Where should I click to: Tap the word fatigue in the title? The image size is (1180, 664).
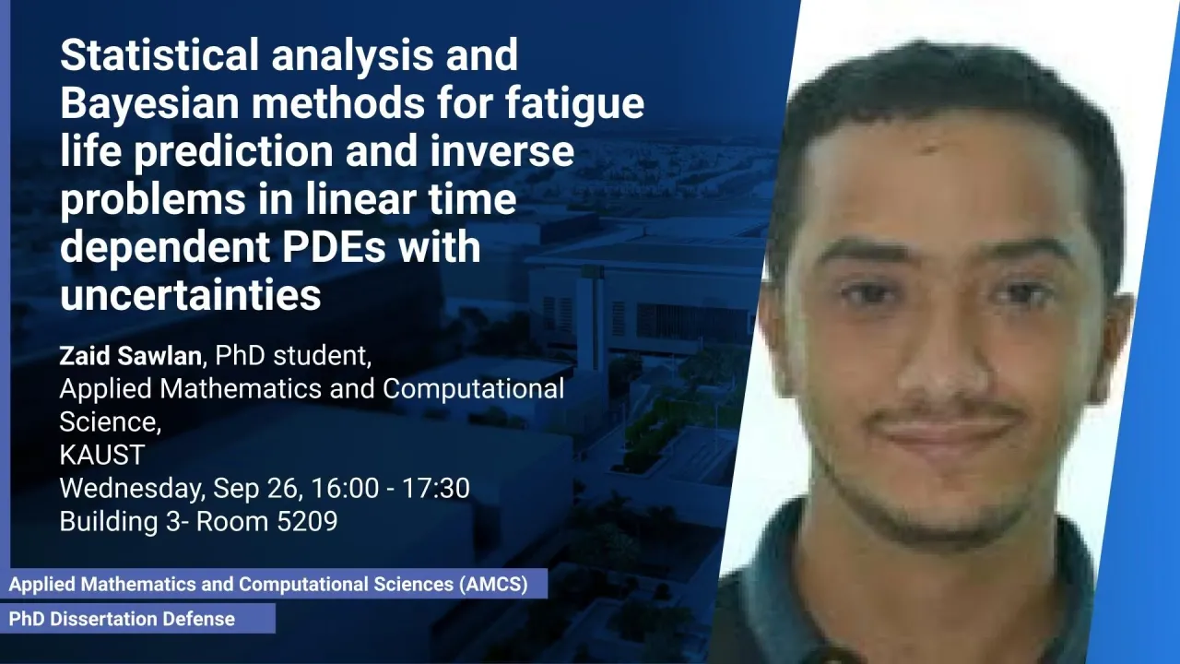click(575, 104)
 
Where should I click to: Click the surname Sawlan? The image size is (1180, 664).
click(159, 356)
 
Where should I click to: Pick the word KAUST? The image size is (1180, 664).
click(102, 455)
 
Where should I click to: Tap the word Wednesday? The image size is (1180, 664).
click(132, 489)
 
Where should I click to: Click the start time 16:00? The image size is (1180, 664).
click(345, 488)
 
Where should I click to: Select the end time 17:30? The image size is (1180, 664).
click(436, 488)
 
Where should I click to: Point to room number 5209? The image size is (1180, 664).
click(307, 521)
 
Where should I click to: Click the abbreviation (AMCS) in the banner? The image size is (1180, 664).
click(493, 585)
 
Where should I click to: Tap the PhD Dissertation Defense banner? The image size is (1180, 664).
click(137, 619)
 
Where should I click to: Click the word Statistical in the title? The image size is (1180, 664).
click(159, 54)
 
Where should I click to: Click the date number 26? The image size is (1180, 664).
click(289, 488)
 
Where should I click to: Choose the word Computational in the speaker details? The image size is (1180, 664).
click(473, 390)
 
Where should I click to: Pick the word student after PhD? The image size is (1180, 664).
click(323, 356)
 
